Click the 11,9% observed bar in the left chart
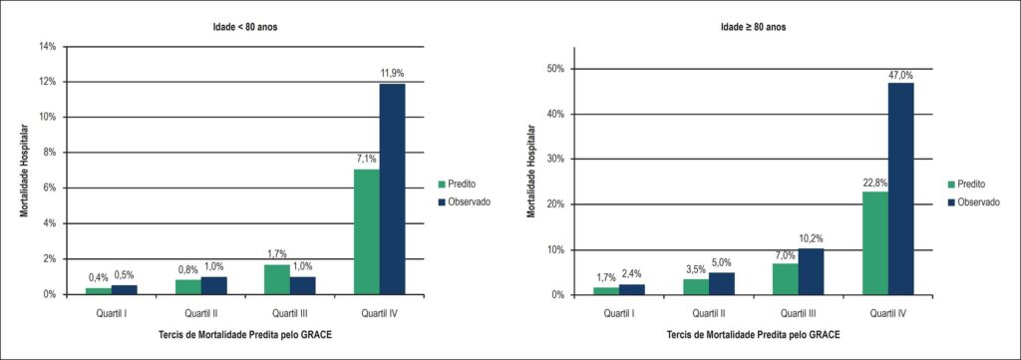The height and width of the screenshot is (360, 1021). pyautogui.click(x=392, y=188)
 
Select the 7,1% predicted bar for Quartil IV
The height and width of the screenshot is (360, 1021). pyautogui.click(x=367, y=231)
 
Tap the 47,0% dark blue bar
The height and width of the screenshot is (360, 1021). pyautogui.click(x=901, y=188)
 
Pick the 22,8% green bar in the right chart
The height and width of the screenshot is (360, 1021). pyautogui.click(x=875, y=242)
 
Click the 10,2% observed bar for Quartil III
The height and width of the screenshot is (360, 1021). pyautogui.click(x=811, y=271)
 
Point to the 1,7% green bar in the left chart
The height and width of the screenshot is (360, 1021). pyautogui.click(x=277, y=279)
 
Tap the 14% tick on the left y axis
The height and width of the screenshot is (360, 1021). pyautogui.click(x=50, y=47)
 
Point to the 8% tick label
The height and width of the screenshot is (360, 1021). pyautogui.click(x=52, y=153)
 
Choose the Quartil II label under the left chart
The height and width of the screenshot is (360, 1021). pyautogui.click(x=200, y=314)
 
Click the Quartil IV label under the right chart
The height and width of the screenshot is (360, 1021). pyautogui.click(x=888, y=314)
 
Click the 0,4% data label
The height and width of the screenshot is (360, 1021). pyautogui.click(x=99, y=278)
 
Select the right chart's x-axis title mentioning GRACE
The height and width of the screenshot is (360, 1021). pyautogui.click(x=754, y=335)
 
